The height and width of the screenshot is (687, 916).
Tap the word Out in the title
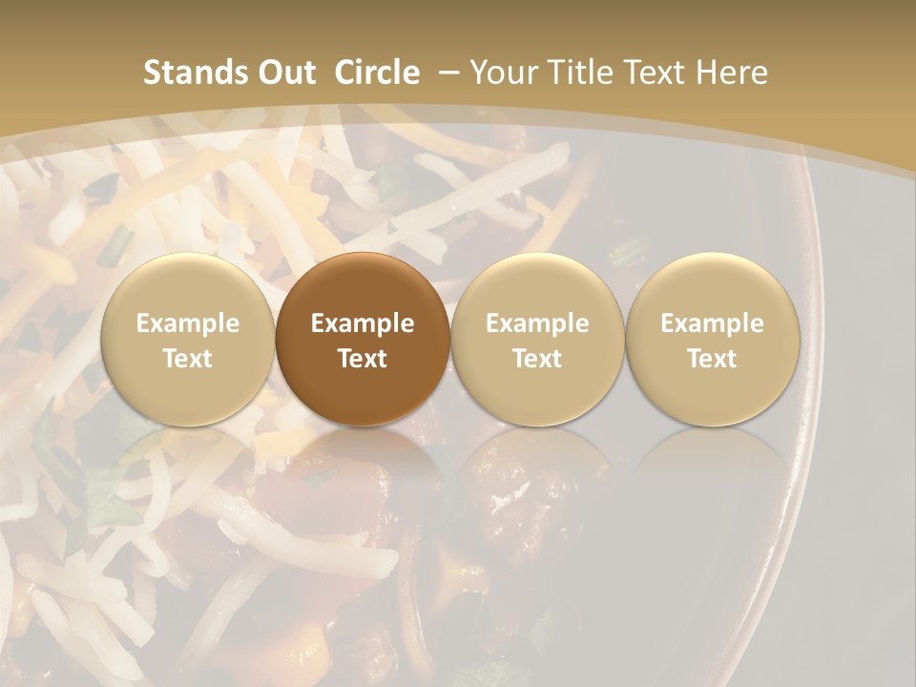[x=286, y=73]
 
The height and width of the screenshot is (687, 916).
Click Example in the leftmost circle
[x=187, y=323]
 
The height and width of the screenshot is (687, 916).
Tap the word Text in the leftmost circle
[x=187, y=359]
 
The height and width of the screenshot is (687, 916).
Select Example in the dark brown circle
[x=363, y=323]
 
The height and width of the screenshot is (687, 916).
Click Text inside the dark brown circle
[x=363, y=359]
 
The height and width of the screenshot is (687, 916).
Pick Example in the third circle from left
[x=537, y=323]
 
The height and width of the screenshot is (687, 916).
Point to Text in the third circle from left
[x=537, y=359]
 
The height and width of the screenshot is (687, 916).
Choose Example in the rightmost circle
[x=712, y=323]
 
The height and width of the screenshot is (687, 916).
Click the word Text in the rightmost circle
[x=712, y=359]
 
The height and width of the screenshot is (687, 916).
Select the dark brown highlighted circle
[x=363, y=286]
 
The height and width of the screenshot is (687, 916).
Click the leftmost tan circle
[x=187, y=286]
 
